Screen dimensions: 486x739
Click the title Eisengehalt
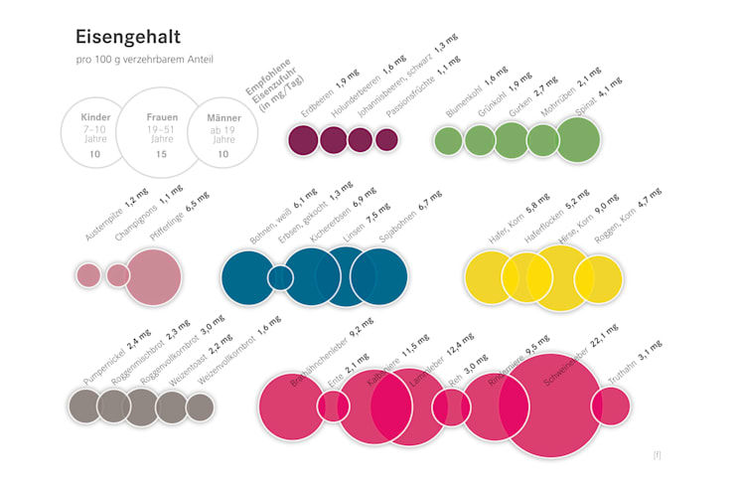128,38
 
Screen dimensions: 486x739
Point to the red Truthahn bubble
611,405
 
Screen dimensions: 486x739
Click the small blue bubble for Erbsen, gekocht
280,277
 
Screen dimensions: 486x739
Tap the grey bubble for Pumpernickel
84,405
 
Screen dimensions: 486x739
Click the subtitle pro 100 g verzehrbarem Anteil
144,61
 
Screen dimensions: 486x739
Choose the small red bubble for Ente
333,405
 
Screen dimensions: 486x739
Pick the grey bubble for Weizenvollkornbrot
201,406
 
